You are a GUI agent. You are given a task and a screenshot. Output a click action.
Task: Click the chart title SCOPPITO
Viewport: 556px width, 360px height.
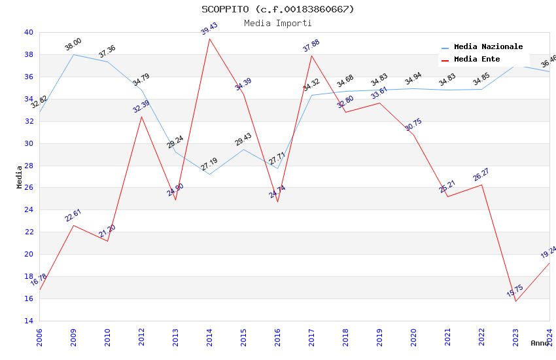click(x=277, y=9)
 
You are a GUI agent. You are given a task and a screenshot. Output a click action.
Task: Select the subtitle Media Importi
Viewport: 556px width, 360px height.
click(x=277, y=23)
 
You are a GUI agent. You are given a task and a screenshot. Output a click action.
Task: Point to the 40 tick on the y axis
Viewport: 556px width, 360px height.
click(x=28, y=32)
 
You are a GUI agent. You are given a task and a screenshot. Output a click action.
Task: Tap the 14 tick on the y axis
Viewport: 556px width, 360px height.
click(x=28, y=321)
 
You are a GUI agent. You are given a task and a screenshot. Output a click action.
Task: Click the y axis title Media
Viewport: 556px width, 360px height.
click(x=19, y=177)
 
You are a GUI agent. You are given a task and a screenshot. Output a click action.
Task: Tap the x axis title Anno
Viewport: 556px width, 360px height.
click(x=540, y=343)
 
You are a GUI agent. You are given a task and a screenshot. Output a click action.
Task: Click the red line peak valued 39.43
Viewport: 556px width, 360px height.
click(x=209, y=39)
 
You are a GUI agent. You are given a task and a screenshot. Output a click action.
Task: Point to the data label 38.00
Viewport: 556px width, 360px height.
click(x=73, y=45)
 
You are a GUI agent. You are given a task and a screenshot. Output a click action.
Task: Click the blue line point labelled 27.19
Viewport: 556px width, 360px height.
click(x=209, y=174)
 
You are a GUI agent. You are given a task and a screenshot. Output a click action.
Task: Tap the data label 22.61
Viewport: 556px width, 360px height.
click(x=73, y=215)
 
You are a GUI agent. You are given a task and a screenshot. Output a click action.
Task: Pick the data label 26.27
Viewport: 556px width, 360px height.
click(x=481, y=175)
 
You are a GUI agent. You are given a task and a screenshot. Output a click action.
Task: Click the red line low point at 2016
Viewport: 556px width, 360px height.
click(x=277, y=202)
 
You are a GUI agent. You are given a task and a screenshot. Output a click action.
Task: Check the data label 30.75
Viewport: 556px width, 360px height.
click(x=413, y=125)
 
